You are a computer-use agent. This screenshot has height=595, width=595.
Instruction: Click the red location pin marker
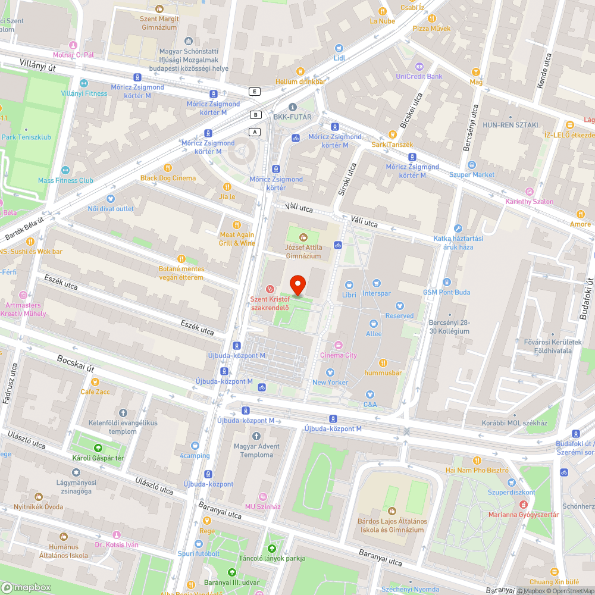coord(297,285)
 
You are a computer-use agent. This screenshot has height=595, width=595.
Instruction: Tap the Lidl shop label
coord(339,58)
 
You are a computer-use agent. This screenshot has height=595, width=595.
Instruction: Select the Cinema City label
coord(339,355)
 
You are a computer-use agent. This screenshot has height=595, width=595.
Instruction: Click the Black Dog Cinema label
coord(168,178)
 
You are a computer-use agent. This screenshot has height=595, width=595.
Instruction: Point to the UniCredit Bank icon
coord(419,66)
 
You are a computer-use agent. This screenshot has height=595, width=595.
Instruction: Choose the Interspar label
coord(376,293)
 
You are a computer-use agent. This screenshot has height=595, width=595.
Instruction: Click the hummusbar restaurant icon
coord(384,362)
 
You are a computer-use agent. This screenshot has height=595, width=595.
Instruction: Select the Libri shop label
coord(349,295)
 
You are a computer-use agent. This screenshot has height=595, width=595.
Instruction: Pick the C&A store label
coord(371,405)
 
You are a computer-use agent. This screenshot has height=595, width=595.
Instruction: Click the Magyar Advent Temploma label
coord(256,450)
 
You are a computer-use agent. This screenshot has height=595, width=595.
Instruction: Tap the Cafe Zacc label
coord(95,392)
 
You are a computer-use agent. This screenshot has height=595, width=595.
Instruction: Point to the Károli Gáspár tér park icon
coord(98,448)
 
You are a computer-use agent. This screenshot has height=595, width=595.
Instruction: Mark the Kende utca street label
coord(544,71)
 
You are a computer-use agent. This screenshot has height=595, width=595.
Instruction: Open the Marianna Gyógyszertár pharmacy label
coord(524,515)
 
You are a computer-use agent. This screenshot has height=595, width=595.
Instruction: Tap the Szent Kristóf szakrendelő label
coord(270,303)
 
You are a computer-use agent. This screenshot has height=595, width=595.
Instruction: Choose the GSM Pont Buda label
coord(446,292)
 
